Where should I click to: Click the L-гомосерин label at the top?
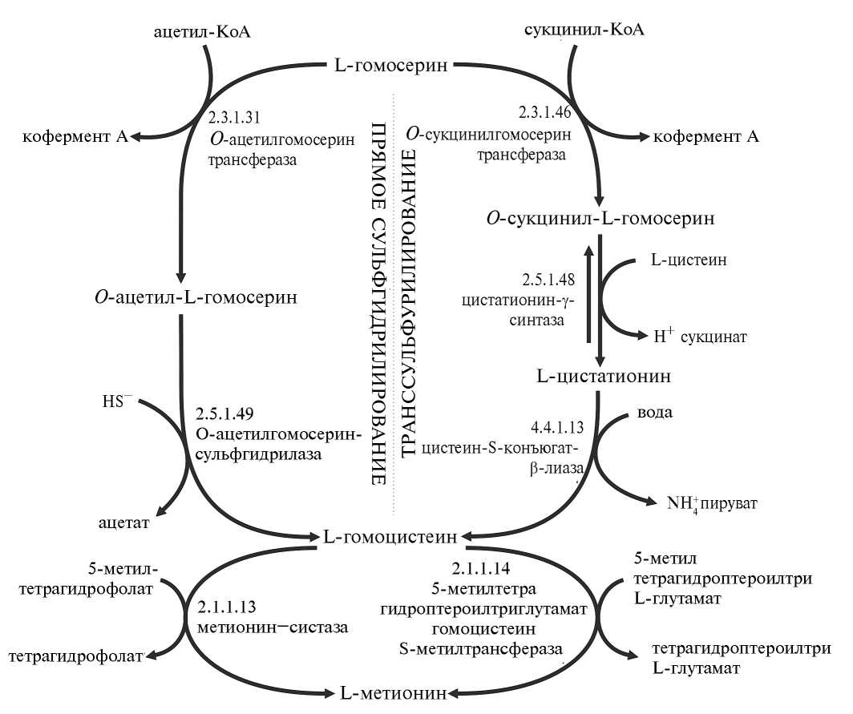click(x=390, y=65)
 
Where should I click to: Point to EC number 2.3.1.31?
click(x=234, y=116)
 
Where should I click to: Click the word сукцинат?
click(x=713, y=337)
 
